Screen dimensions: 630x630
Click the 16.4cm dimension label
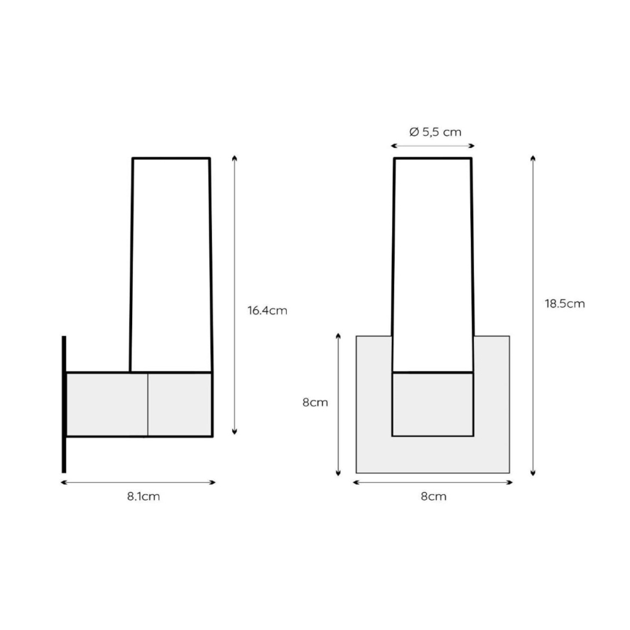[x=267, y=311]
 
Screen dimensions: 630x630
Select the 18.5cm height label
[x=565, y=303]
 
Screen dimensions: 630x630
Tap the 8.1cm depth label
[x=144, y=496]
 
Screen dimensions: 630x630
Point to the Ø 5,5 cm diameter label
[x=435, y=132]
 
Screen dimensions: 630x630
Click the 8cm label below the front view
[x=433, y=496]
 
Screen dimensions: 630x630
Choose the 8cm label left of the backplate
[x=315, y=403]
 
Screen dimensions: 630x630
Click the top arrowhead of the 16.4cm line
[x=234, y=158]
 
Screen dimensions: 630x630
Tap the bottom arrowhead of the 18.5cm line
[x=533, y=474]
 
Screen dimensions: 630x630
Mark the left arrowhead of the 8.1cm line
[x=63, y=483]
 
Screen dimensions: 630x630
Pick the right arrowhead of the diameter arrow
[x=472, y=146]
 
